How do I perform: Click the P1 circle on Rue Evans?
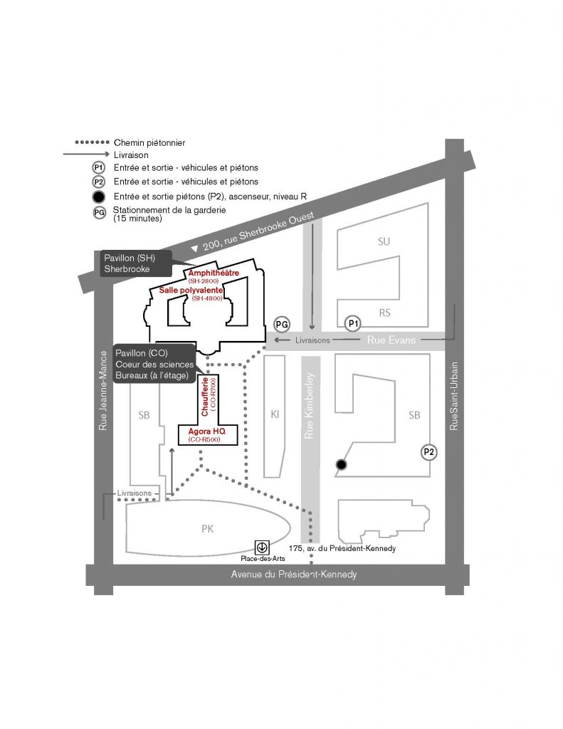click(353, 324)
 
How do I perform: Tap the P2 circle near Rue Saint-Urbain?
click(428, 452)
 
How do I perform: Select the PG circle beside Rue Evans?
click(282, 325)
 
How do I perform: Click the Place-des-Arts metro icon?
click(262, 547)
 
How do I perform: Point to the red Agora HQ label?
click(206, 431)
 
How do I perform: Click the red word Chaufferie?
click(205, 397)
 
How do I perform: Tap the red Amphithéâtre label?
click(214, 273)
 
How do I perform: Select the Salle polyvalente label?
click(191, 290)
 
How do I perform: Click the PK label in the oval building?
click(207, 529)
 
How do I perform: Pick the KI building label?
click(275, 414)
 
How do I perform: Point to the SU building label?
click(384, 241)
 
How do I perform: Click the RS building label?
click(384, 313)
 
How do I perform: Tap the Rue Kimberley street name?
click(309, 406)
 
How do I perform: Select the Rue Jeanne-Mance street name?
click(102, 391)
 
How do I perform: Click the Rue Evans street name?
click(391, 340)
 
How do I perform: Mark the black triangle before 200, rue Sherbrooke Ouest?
click(195, 248)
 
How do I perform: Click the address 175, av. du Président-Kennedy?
click(342, 548)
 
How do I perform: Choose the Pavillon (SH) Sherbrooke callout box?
click(136, 263)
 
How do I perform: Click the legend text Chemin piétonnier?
click(149, 142)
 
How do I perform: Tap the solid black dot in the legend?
click(98, 196)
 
